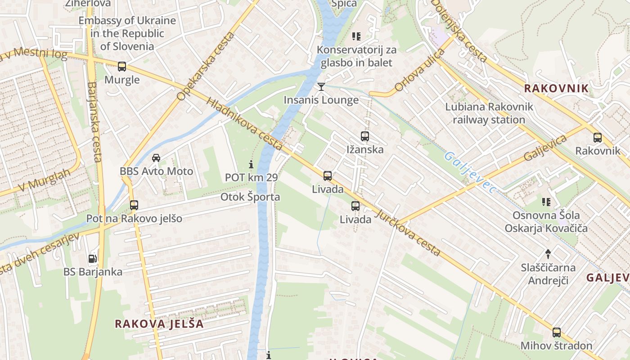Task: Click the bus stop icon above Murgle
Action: [122, 67]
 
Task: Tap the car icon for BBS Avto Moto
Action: [156, 158]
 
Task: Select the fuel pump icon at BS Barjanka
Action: [92, 259]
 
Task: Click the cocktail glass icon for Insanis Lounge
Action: [321, 86]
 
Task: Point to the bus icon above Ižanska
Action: [365, 136]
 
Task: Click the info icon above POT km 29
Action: [251, 164]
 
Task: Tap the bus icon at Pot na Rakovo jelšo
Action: [134, 205]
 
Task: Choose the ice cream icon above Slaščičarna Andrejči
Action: [548, 254]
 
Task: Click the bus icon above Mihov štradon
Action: [557, 333]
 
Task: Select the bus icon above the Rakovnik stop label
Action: [598, 138]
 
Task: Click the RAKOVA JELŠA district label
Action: [159, 324]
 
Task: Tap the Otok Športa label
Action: [250, 197]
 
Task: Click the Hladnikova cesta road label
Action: [245, 123]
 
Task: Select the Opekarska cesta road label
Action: [206, 66]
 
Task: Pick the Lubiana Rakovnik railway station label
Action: [489, 113]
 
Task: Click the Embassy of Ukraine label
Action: [127, 33]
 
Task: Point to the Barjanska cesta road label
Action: [94, 121]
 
